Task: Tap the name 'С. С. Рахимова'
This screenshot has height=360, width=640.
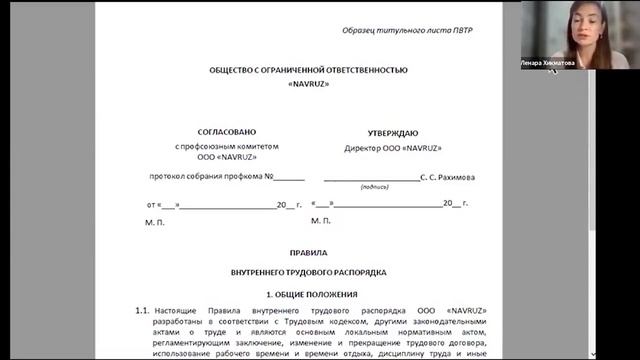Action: click(x=447, y=178)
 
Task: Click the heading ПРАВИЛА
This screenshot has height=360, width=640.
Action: click(x=308, y=253)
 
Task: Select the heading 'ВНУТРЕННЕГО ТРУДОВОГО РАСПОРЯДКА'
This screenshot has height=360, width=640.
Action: click(x=308, y=272)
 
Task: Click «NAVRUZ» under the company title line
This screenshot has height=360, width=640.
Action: click(x=308, y=85)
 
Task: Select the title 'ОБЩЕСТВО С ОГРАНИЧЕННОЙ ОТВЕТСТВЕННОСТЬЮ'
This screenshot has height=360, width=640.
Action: click(x=308, y=70)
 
